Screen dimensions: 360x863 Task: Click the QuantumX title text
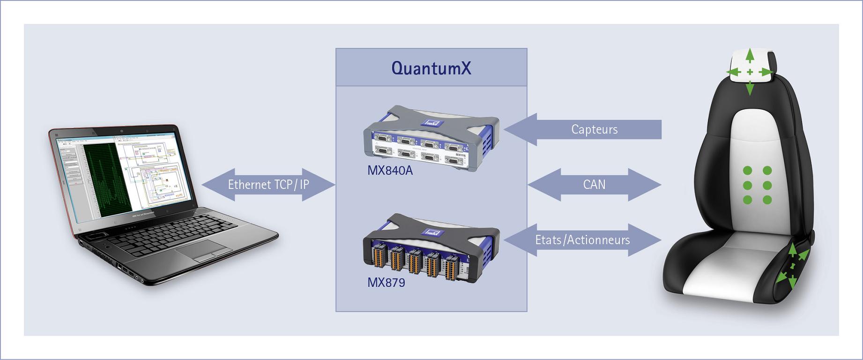[x=431, y=68]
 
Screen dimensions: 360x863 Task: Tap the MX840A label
[x=390, y=170]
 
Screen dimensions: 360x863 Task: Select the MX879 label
[x=386, y=282]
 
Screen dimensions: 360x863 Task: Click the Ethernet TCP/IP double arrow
[x=268, y=185]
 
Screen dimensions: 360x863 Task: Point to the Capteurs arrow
[x=583, y=129]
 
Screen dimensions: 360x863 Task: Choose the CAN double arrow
[x=594, y=185]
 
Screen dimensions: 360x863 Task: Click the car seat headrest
[x=750, y=70]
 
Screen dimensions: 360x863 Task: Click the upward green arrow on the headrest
[x=750, y=55]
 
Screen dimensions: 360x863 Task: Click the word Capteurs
[x=594, y=129]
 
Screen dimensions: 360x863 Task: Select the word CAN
[x=594, y=185]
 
